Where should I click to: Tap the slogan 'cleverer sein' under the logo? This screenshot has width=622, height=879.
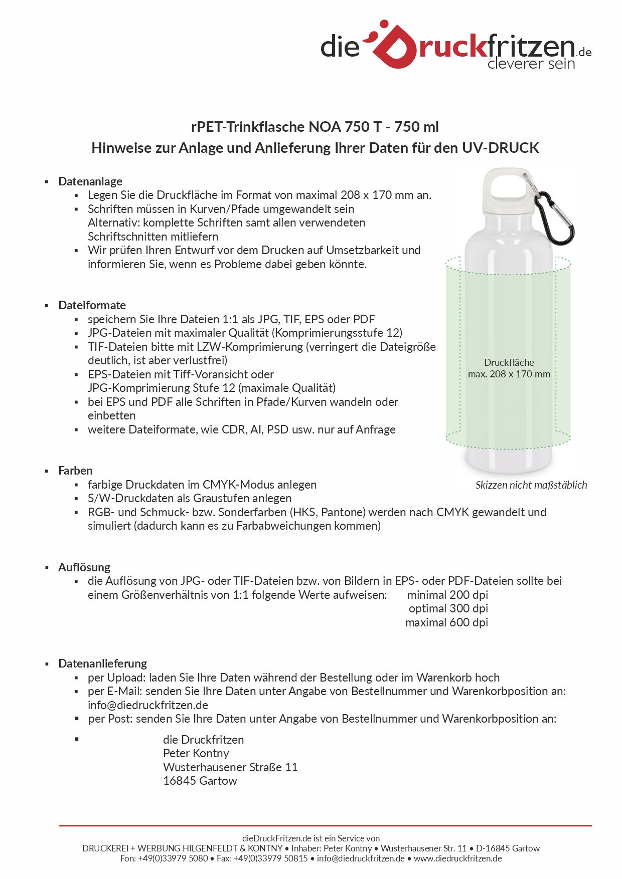pyautogui.click(x=531, y=64)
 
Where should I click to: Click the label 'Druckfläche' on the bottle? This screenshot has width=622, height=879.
pyautogui.click(x=509, y=362)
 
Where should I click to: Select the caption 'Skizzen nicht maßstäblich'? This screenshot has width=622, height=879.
pyautogui.click(x=531, y=485)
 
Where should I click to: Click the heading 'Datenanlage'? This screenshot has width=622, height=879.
pyautogui.click(x=90, y=181)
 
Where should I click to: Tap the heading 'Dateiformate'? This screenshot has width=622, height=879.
pyautogui.click(x=92, y=305)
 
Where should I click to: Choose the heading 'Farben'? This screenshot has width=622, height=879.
pyautogui.click(x=75, y=471)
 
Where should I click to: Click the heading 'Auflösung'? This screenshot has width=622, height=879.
pyautogui.click(x=84, y=567)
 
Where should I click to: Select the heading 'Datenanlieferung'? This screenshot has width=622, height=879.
pyautogui.click(x=102, y=664)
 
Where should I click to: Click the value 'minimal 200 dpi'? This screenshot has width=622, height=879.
pyautogui.click(x=447, y=595)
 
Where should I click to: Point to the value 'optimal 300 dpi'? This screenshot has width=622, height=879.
pyautogui.click(x=448, y=608)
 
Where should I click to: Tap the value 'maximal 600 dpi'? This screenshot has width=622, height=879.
pyautogui.click(x=446, y=622)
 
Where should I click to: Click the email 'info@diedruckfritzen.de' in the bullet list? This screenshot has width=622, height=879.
pyautogui.click(x=148, y=705)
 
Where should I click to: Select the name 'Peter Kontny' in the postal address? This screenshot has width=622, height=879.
pyautogui.click(x=196, y=753)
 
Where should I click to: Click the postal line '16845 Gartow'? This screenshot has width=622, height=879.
pyautogui.click(x=200, y=781)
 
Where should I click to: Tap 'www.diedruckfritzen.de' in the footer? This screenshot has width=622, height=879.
pyautogui.click(x=457, y=858)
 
